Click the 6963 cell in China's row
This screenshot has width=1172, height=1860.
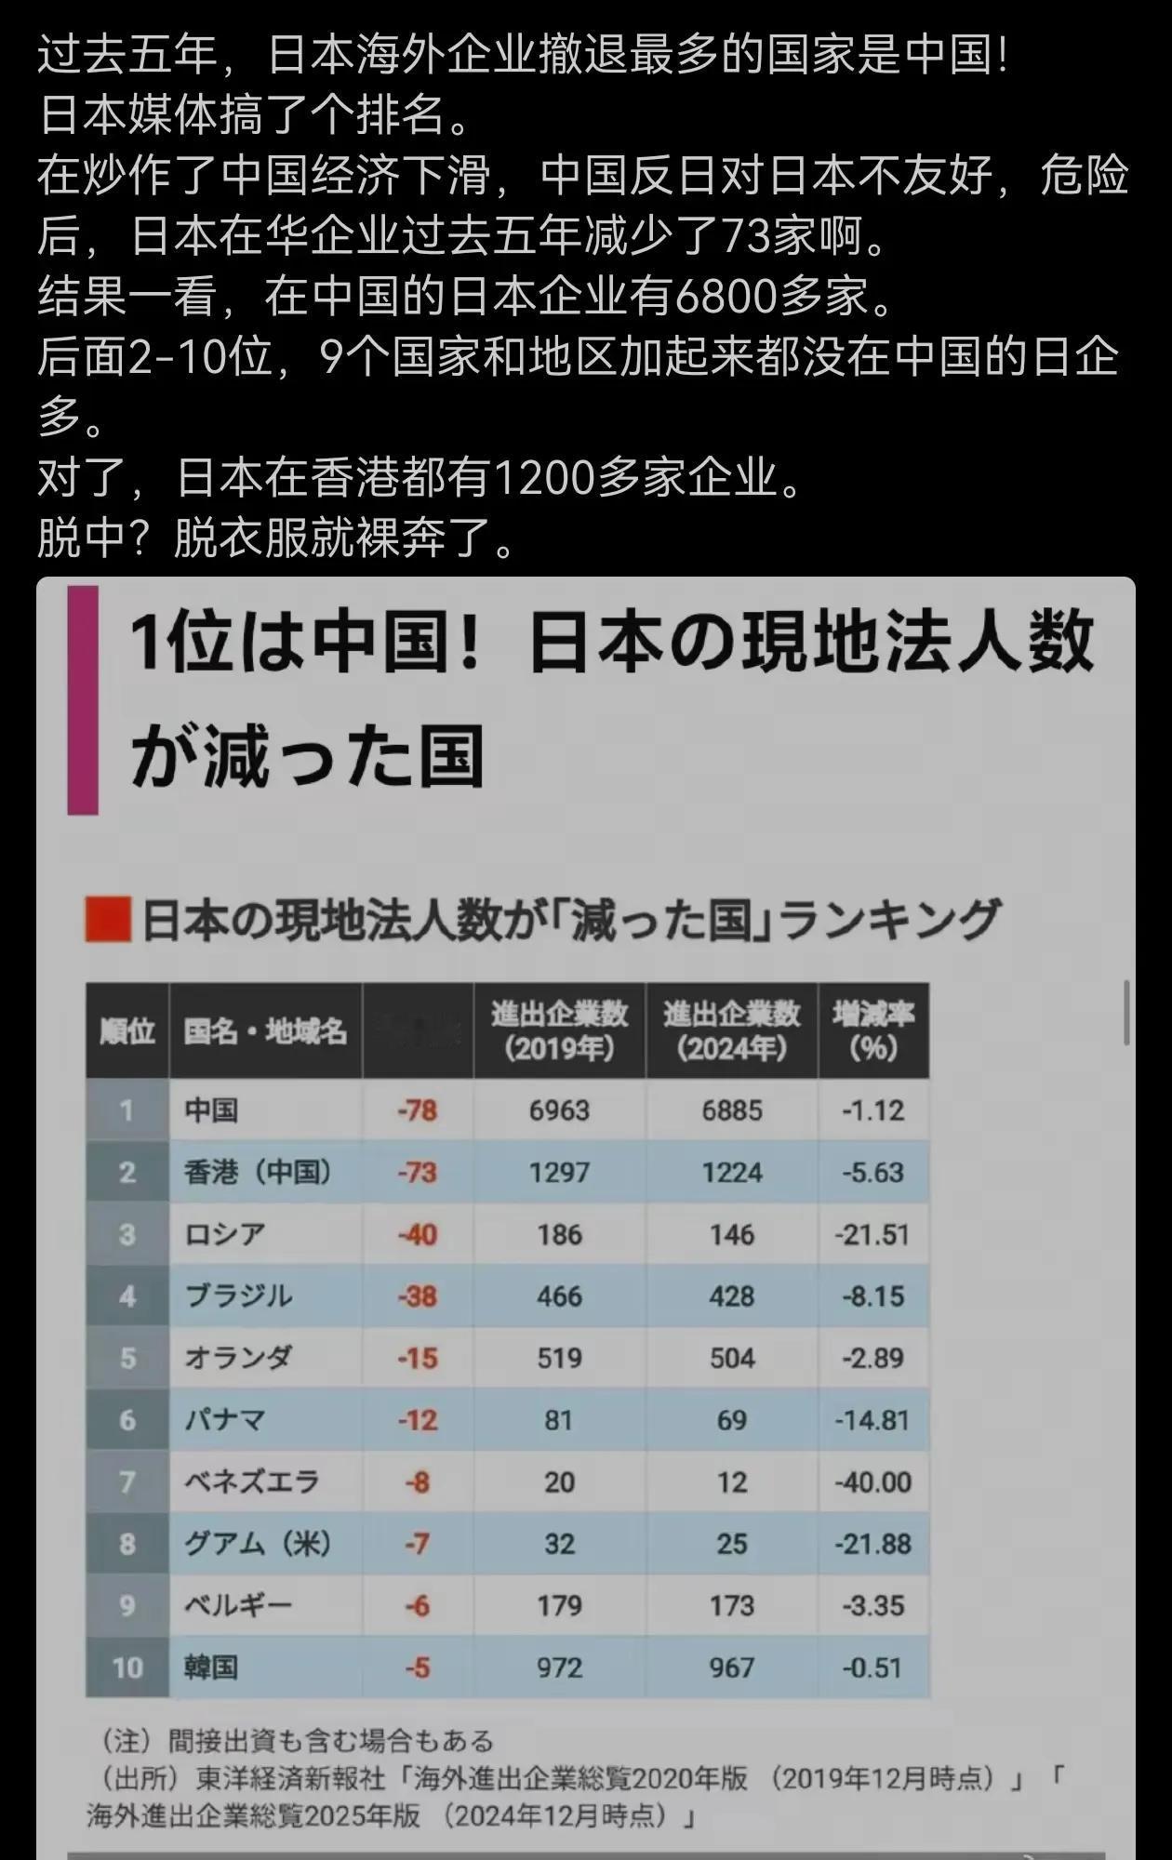[x=559, y=1110]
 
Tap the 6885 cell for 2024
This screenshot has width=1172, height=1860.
[x=732, y=1110]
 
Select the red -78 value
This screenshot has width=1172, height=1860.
[x=417, y=1110]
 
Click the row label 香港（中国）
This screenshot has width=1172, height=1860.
[x=258, y=1172]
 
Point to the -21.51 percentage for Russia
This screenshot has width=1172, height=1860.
[x=872, y=1234]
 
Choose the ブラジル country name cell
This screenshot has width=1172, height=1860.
[x=239, y=1295]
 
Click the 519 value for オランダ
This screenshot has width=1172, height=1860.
[x=559, y=1358]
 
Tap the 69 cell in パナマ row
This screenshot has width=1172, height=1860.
[x=732, y=1420]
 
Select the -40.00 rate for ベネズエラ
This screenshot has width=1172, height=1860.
[x=872, y=1481]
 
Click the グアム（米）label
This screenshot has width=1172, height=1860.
[x=258, y=1544]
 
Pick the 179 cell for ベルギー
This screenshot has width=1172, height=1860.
[x=559, y=1605]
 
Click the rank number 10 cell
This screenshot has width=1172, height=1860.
[x=127, y=1667]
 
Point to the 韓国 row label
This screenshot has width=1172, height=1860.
[x=211, y=1667]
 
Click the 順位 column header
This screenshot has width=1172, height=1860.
[x=127, y=1030]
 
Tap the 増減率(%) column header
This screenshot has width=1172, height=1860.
[x=872, y=1030]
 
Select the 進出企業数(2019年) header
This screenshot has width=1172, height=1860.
[x=559, y=1030]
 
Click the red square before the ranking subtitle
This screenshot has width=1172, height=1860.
[x=107, y=919]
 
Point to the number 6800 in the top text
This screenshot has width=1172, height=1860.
[x=726, y=297]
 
